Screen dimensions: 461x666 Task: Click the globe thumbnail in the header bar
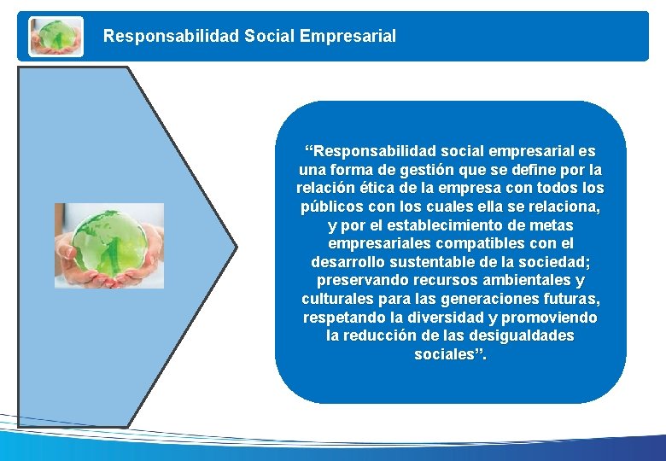pos(56,37)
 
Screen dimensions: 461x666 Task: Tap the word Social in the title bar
pos(269,37)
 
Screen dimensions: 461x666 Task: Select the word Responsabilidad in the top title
pos(172,37)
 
